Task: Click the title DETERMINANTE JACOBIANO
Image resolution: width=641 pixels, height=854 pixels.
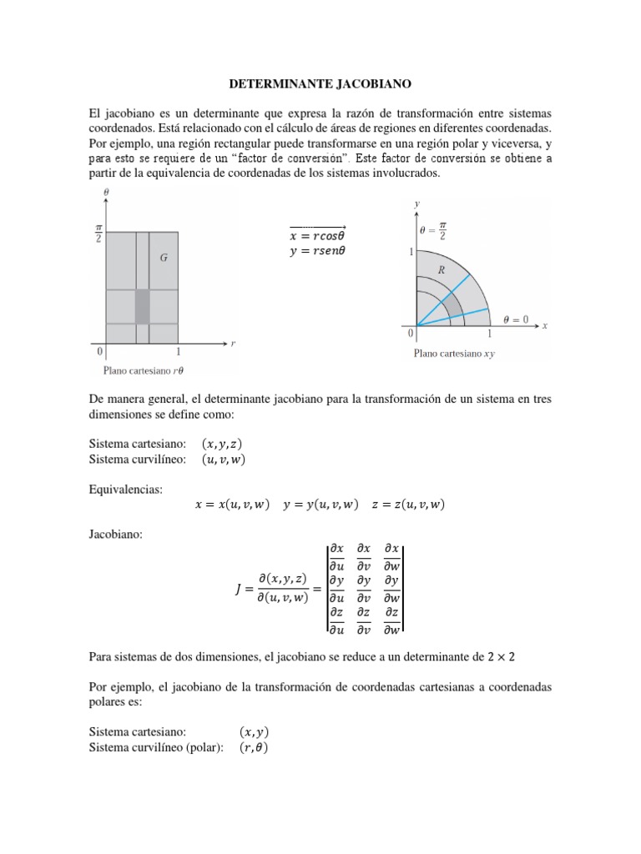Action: point(320,84)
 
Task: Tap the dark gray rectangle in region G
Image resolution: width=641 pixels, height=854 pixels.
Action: point(142,305)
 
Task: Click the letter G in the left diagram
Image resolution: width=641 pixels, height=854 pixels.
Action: point(164,259)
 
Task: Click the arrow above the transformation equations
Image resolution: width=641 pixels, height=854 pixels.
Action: point(317,226)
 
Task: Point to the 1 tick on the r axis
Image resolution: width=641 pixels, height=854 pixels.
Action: point(178,352)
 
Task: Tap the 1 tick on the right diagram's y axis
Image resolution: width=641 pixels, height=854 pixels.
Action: point(411,251)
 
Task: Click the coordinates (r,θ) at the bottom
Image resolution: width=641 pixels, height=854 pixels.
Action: point(254,747)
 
